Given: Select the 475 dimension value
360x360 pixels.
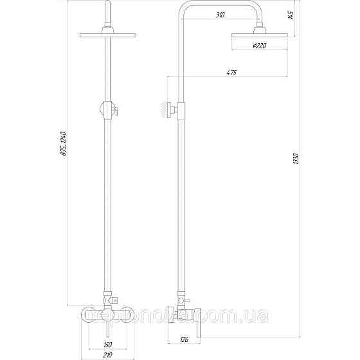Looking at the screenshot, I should (232, 73).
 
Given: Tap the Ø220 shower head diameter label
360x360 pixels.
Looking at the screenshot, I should (261, 46).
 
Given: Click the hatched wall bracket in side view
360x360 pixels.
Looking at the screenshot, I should (164, 110).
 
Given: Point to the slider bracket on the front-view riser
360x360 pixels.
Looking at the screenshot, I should (108, 110).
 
